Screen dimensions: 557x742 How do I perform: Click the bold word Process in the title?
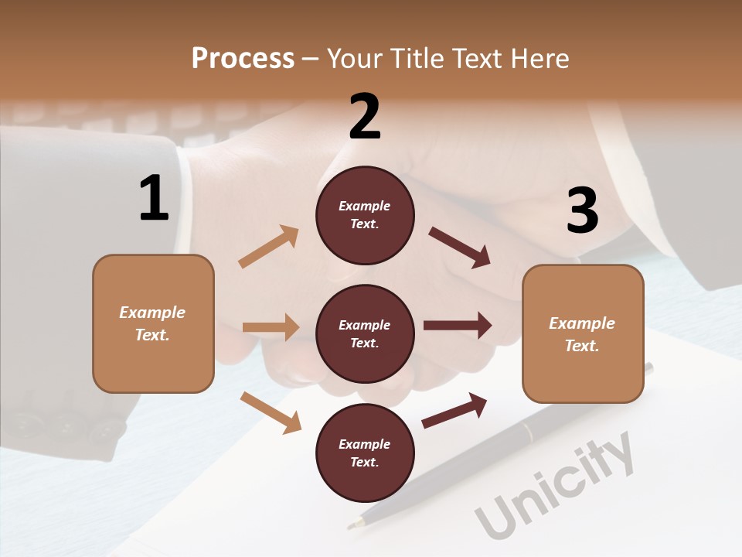tap(243, 58)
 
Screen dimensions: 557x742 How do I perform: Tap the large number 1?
tap(154, 198)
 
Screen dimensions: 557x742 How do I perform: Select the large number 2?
tap(365, 117)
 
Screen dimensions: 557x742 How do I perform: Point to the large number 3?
tap(582, 211)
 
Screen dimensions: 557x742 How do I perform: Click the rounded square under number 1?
tap(153, 323)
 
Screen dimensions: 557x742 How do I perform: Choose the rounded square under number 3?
tap(583, 334)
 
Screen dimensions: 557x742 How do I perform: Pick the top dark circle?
tap(365, 215)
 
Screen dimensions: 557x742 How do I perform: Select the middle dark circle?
tap(365, 333)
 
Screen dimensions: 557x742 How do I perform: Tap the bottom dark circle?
tap(365, 453)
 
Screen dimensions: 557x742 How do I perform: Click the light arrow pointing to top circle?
tap(268, 247)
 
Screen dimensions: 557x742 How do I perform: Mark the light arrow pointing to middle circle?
tap(271, 327)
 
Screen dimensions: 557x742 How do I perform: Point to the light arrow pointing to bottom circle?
tap(271, 412)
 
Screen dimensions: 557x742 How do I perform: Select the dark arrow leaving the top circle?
tap(460, 248)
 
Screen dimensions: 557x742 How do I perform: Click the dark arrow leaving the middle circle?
tap(458, 326)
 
